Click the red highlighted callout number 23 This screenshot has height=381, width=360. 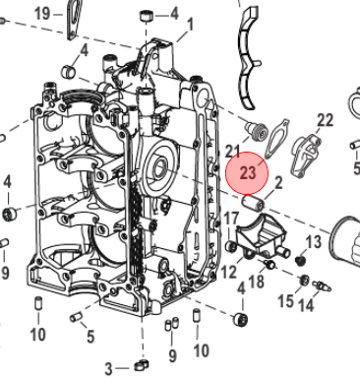click(x=247, y=172)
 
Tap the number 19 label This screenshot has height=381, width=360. click(x=42, y=14)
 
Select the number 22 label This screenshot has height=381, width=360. click(x=325, y=120)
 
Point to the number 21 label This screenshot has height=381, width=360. click(x=233, y=151)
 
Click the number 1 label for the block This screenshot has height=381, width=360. click(x=190, y=26)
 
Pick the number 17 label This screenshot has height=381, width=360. click(x=231, y=219)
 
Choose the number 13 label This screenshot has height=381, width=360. click(x=314, y=242)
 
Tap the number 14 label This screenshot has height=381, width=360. click(x=306, y=305)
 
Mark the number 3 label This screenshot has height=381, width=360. click(x=109, y=369)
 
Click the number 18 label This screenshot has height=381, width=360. click(x=256, y=282)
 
